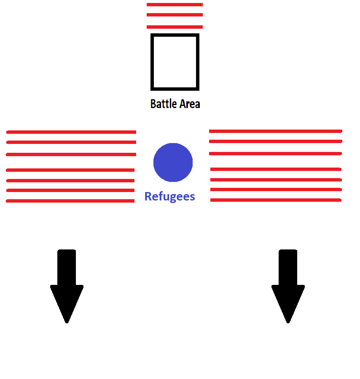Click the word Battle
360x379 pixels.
pyautogui.click(x=164, y=104)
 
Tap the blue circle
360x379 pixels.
pyautogui.click(x=173, y=162)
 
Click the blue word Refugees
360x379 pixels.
pyautogui.click(x=170, y=196)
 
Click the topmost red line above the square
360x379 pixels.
pyautogui.click(x=175, y=5)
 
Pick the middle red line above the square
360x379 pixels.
pyautogui.click(x=175, y=15)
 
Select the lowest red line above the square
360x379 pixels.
pyautogui.click(x=175, y=27)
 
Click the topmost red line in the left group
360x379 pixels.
pyautogui.click(x=71, y=132)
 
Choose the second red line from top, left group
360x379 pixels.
pyautogui.click(x=71, y=142)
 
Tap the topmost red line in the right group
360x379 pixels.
pyautogui.click(x=275, y=131)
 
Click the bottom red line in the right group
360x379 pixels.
pyautogui.click(x=276, y=200)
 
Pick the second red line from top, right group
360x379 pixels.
pyautogui.click(x=275, y=141)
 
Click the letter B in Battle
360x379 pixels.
pyautogui.click(x=153, y=104)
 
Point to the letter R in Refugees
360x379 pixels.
pyautogui.click(x=148, y=196)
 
